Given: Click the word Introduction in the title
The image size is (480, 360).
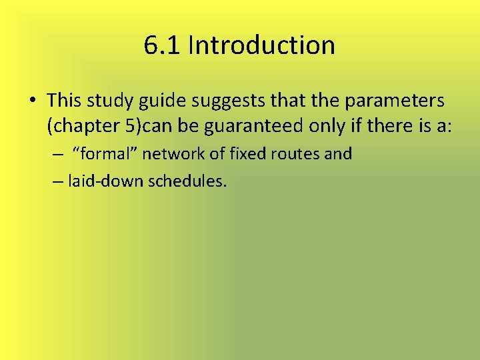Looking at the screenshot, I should [261, 45].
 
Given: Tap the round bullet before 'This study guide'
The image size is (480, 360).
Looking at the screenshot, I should [33, 101].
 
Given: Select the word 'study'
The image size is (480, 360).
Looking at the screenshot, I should [101, 101].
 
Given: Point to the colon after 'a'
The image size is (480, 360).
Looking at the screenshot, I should [450, 125].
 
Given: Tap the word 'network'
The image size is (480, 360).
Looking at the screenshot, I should [169, 154].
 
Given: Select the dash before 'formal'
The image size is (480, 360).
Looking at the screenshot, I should [59, 155].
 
